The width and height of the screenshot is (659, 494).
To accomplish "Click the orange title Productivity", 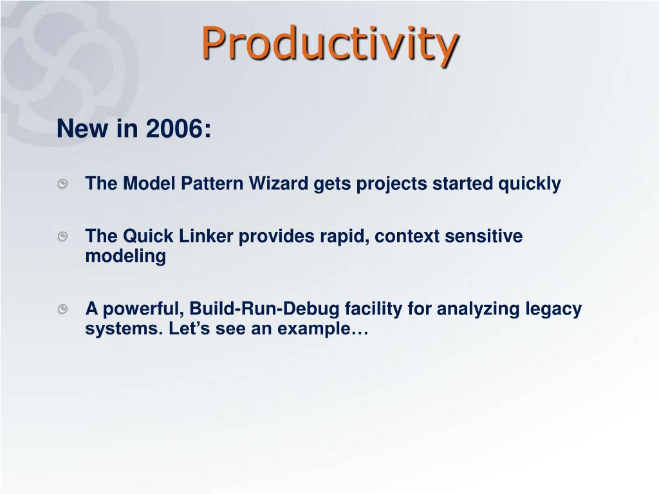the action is pyautogui.click(x=330, y=44).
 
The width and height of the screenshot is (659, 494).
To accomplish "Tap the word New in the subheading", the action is pyautogui.click(x=82, y=128).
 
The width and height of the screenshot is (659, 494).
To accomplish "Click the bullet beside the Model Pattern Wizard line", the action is pyautogui.click(x=62, y=183).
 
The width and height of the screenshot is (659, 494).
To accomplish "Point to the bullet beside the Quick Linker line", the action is pyautogui.click(x=62, y=237).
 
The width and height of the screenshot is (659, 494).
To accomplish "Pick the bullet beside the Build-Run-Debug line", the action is pyautogui.click(x=62, y=309).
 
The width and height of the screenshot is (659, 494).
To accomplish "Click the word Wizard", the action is pyautogui.click(x=278, y=183).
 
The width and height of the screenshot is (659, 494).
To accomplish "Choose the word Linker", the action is pyautogui.click(x=206, y=236).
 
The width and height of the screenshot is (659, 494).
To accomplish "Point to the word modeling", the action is pyautogui.click(x=125, y=257).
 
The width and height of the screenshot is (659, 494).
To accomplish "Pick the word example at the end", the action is pyautogui.click(x=323, y=329).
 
